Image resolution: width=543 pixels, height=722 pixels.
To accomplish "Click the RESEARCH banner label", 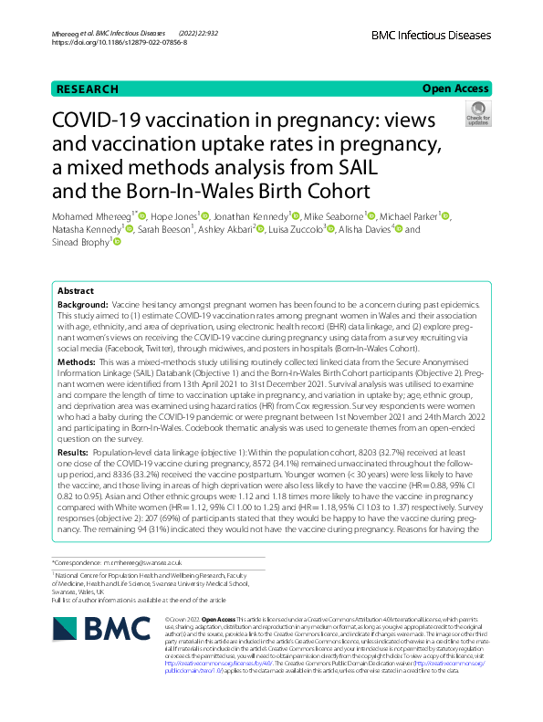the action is pos(87,89).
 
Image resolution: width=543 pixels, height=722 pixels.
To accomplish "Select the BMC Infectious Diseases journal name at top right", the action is pos(431,36).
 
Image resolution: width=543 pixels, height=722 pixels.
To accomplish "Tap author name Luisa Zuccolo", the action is pos(291,229).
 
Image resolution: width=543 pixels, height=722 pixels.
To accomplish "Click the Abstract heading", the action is pos(76,289).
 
